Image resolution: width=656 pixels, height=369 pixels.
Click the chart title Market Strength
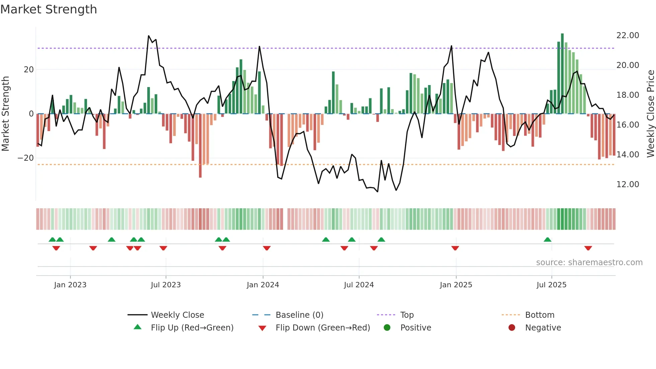coord(49,9)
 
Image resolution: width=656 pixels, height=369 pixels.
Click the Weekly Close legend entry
coord(177,315)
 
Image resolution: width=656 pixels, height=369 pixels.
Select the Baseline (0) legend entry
coord(299,315)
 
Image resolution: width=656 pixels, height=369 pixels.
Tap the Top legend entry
coord(407,315)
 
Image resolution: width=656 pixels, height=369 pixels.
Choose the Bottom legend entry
coord(540,315)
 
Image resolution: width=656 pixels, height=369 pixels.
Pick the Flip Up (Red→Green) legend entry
coord(192,327)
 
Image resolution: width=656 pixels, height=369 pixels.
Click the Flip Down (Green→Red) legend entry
coord(323,327)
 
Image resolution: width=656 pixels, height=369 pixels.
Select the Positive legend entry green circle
coord(387,327)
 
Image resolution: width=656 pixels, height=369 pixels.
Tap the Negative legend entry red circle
coord(512,327)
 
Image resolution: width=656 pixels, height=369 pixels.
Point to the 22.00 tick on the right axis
coord(628,35)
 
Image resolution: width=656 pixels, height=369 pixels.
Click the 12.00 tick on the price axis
coord(628,185)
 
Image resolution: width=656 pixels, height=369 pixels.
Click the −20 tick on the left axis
coord(26,158)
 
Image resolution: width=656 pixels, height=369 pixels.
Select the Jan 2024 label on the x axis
coord(263,285)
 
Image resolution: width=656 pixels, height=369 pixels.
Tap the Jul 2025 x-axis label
coord(551,285)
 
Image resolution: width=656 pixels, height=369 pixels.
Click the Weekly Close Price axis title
coord(650,114)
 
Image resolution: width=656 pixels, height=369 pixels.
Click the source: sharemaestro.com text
coord(589,263)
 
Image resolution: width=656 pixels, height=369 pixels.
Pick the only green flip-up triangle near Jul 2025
coord(548,240)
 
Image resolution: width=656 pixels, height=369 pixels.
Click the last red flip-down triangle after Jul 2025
coord(588,248)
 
